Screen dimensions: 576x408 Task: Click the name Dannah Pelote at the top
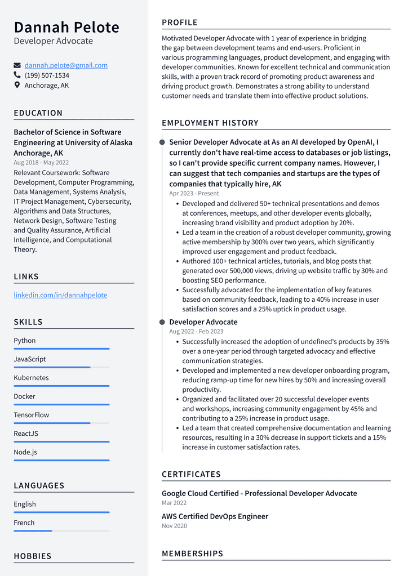click(66, 27)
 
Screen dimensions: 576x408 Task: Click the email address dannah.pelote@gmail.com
click(66, 65)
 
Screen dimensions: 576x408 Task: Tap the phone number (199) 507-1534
click(47, 75)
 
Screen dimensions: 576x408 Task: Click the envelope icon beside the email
click(17, 65)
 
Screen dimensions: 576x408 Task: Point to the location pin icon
click(17, 86)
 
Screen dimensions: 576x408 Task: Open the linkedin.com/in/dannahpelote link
click(60, 295)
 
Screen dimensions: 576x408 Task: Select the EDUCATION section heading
click(38, 113)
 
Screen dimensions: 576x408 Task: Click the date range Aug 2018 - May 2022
click(41, 163)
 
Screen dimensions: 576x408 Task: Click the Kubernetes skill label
click(31, 378)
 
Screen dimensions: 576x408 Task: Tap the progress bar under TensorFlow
click(52, 423)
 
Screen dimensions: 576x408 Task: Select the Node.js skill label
click(25, 452)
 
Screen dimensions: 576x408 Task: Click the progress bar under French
click(33, 530)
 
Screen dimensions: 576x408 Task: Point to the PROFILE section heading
click(180, 23)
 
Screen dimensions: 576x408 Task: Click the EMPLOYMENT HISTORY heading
click(210, 123)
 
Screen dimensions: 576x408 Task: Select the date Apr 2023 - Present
click(194, 193)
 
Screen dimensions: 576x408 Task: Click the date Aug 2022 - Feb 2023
click(196, 332)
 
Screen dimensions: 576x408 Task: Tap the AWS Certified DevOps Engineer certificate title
click(215, 516)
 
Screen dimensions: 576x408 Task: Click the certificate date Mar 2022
click(174, 503)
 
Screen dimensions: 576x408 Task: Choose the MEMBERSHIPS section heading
click(192, 553)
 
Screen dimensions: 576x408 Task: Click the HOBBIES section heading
click(33, 556)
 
